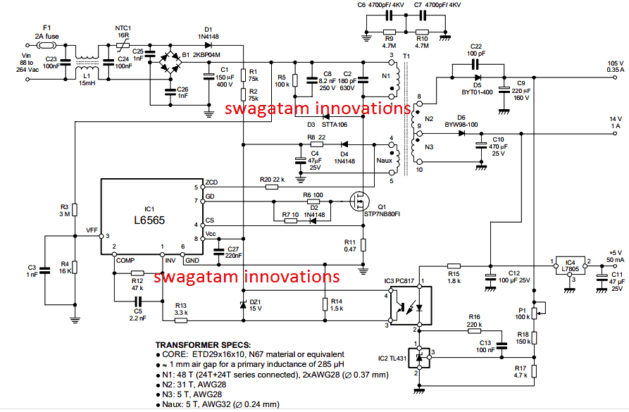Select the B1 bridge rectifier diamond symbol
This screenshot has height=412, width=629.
[170, 63]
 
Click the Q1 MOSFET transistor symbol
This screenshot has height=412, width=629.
[359, 203]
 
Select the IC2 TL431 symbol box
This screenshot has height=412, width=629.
[421, 358]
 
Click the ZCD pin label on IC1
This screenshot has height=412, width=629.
[210, 182]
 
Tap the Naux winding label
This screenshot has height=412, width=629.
[384, 160]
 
